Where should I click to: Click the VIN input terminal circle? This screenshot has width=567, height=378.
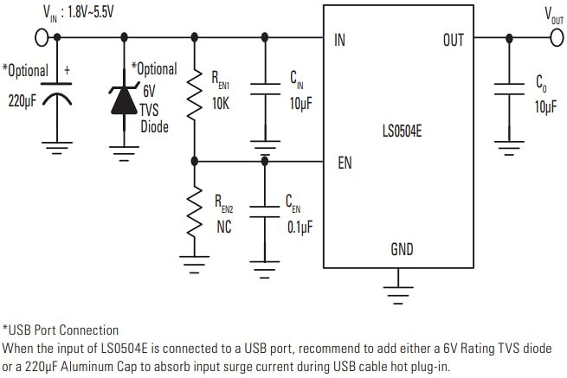pos(40,38)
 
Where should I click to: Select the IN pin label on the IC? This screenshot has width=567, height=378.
pos(339,40)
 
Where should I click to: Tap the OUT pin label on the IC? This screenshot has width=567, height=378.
pos(453,40)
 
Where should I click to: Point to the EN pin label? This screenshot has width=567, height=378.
pos(345,162)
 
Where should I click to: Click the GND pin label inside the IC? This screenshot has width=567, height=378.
pos(402,250)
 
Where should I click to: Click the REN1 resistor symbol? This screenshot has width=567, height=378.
pos(193,97)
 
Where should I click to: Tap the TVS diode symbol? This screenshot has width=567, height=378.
pos(123,98)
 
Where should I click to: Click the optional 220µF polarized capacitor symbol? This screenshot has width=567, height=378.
pos(58,96)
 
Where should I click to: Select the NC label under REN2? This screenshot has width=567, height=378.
pos(223,228)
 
